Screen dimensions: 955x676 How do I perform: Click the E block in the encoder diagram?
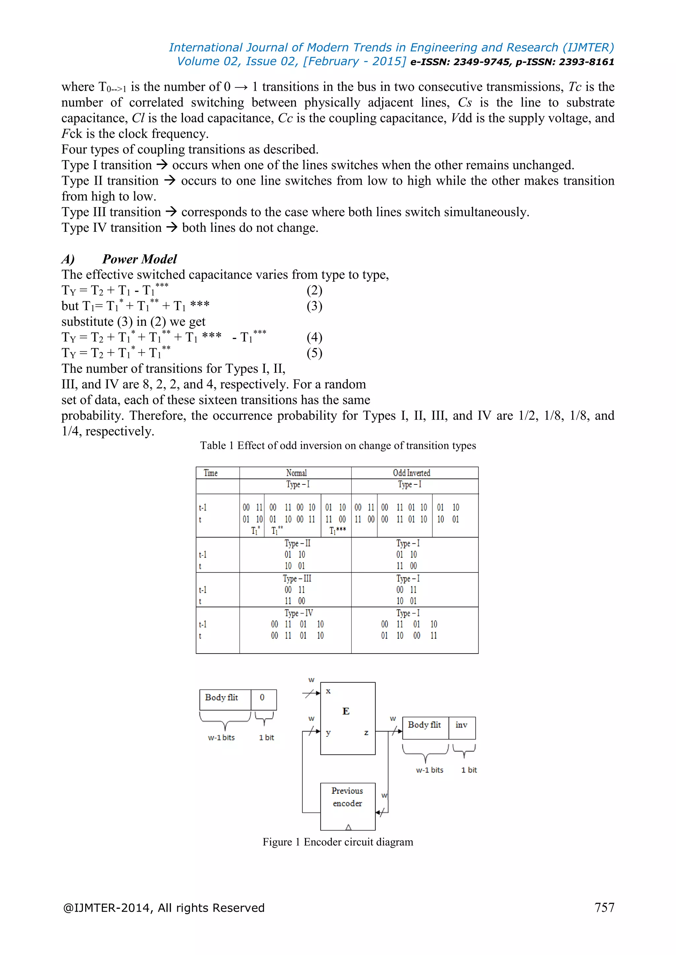[347, 718]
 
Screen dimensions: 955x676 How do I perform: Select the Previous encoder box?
[348, 806]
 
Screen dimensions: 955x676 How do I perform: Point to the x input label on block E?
[328, 691]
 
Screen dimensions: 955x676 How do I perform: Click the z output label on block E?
[366, 732]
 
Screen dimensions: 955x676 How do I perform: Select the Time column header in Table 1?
[211, 473]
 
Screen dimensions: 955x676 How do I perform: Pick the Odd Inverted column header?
[411, 473]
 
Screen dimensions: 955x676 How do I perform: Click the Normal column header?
[296, 473]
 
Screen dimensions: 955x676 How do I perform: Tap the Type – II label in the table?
[297, 543]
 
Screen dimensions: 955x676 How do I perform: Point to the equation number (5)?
[314, 353]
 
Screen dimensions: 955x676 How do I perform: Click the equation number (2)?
[314, 290]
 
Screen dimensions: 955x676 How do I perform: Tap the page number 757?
[604, 907]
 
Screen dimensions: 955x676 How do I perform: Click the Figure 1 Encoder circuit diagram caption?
[338, 842]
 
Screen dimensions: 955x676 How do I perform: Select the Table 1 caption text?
[338, 446]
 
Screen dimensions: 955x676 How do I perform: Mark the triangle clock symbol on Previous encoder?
[349, 827]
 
